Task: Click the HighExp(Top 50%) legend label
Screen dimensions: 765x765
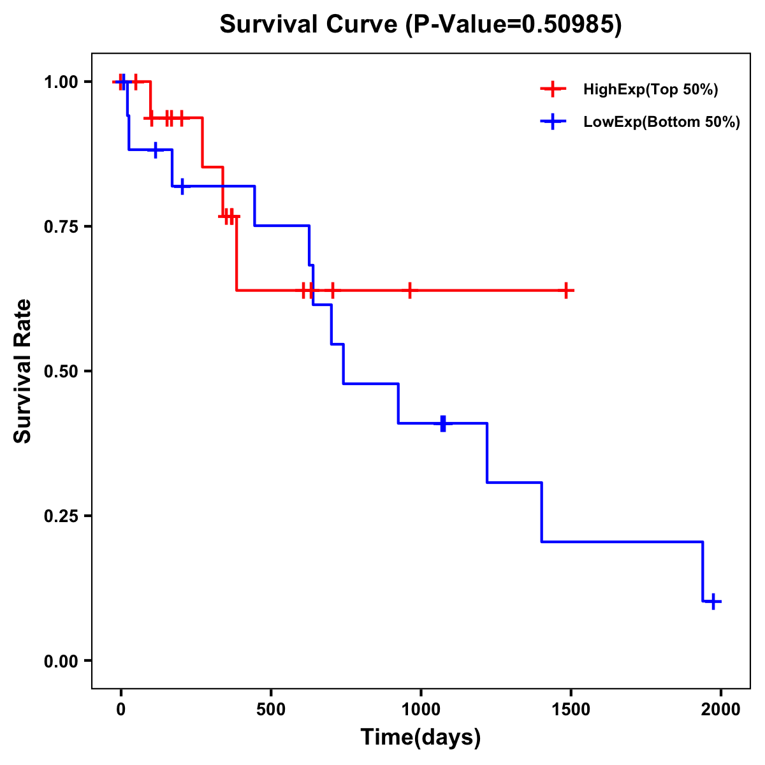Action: click(650, 90)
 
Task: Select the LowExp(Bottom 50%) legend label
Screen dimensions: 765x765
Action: click(661, 122)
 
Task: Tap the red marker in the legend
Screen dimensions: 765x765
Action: click(553, 89)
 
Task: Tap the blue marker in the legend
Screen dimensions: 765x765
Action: click(553, 122)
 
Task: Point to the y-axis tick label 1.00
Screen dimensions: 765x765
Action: click(61, 82)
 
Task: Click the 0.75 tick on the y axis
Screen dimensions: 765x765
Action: click(61, 227)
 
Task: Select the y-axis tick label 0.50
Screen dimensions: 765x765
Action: click(61, 372)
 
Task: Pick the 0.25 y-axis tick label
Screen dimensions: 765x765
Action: click(61, 516)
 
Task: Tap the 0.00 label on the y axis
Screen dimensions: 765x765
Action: click(61, 661)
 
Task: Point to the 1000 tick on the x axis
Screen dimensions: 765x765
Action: click(421, 710)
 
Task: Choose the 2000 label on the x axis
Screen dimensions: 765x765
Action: click(720, 710)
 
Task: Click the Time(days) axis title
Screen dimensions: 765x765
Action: click(421, 738)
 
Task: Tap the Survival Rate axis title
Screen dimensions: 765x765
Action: click(23, 371)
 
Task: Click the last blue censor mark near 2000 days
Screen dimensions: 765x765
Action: click(713, 601)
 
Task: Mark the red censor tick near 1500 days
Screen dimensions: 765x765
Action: click(565, 290)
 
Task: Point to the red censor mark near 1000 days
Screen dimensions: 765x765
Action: click(409, 290)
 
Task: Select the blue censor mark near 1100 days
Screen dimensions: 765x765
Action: click(443, 423)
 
